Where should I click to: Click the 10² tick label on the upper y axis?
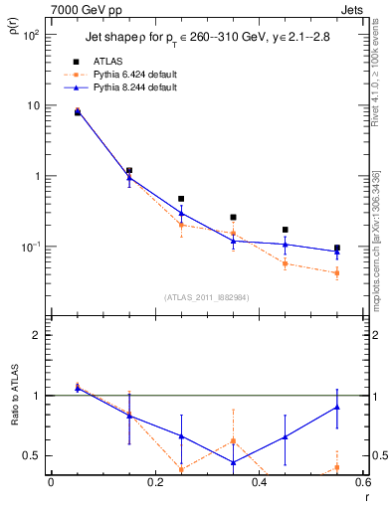pos(31,35)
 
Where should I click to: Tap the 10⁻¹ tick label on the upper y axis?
pos(31,247)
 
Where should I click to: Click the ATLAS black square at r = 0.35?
pos(233,217)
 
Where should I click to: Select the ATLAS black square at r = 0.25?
pos(181,199)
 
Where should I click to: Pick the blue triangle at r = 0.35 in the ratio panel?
pos(233,462)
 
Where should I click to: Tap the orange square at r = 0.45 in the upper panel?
pos(286,263)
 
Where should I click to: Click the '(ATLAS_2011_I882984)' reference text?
pos(206,296)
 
